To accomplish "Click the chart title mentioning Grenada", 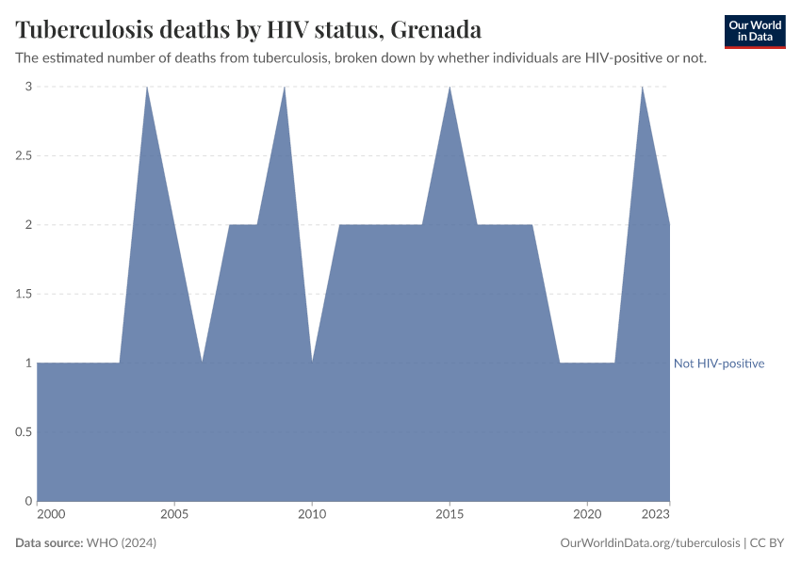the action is (x=249, y=29).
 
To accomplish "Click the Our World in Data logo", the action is (x=755, y=31).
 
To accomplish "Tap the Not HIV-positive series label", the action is (x=719, y=363).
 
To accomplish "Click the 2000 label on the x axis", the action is (x=51, y=514).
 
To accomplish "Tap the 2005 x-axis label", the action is (x=174, y=514).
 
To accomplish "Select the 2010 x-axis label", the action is (x=312, y=514).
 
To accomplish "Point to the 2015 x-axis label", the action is (x=450, y=514).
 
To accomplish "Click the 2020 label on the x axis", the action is (x=587, y=514).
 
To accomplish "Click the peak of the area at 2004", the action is (x=147, y=88).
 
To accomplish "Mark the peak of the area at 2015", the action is (x=450, y=88).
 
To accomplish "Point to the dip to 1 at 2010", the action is (x=312, y=362).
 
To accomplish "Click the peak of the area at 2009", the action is (x=285, y=88).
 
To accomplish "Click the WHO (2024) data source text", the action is (x=121, y=543).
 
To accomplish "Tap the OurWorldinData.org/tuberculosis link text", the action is (x=649, y=543).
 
